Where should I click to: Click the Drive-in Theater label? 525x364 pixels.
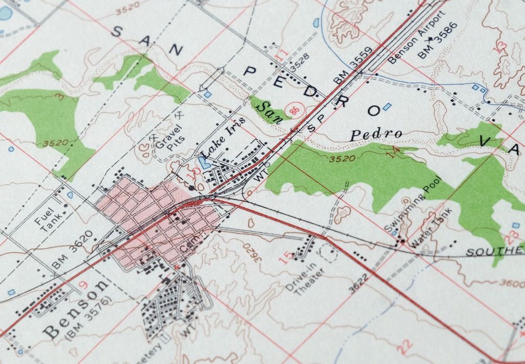click(x=305, y=278)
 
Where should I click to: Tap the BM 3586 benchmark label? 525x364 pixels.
click(x=438, y=40)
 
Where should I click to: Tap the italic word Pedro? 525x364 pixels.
click(x=376, y=134)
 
